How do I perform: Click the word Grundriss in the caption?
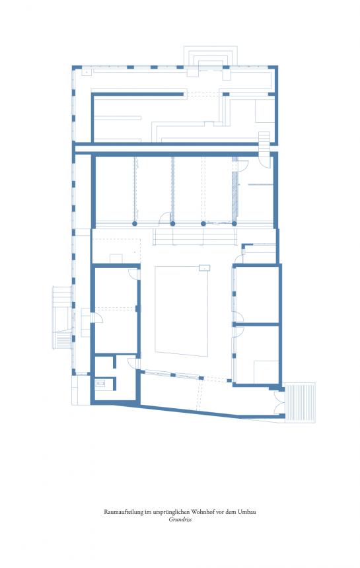[x=180, y=519]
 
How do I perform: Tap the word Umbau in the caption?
[x=246, y=512]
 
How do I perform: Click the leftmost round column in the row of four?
[x=135, y=223]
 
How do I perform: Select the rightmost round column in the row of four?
[x=234, y=223]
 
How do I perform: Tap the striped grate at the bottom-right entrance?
[x=300, y=402]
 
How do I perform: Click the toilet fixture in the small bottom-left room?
[x=100, y=383]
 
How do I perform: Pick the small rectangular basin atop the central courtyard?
[x=205, y=267]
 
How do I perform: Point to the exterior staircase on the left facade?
[x=62, y=317]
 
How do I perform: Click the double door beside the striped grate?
[x=279, y=402]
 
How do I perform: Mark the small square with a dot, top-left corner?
[x=87, y=73]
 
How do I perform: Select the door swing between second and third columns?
[x=166, y=217]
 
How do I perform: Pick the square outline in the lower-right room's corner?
[x=266, y=372]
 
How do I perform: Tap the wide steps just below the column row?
[x=195, y=237]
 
